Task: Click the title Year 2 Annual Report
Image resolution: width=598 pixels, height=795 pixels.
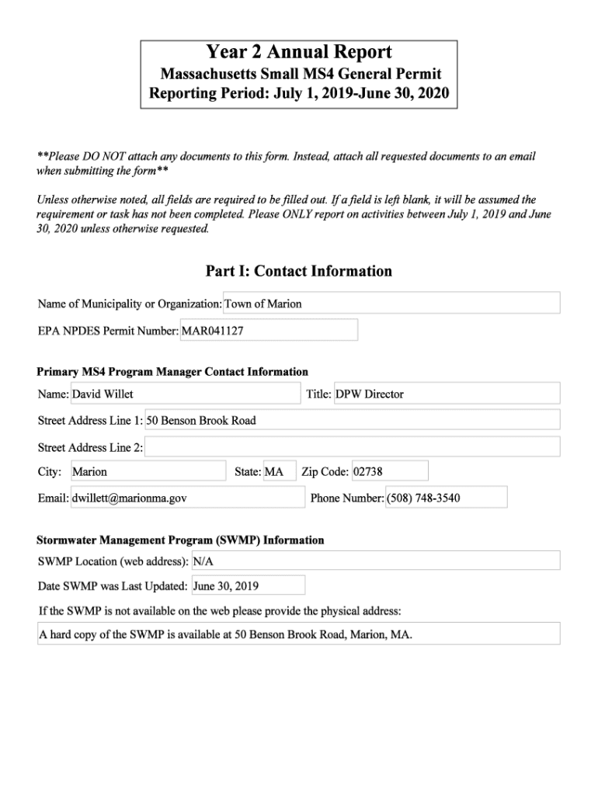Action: pyautogui.click(x=299, y=53)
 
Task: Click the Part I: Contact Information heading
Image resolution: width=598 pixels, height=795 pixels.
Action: pyautogui.click(x=299, y=271)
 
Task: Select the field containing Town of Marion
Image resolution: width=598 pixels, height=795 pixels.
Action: pyautogui.click(x=391, y=304)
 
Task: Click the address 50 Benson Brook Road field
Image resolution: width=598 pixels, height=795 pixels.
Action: pyautogui.click(x=352, y=420)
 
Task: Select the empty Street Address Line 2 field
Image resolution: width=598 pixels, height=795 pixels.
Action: pyautogui.click(x=352, y=447)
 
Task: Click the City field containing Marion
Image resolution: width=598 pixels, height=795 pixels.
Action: pyautogui.click(x=148, y=471)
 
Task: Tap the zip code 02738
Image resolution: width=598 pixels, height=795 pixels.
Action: pyautogui.click(x=389, y=471)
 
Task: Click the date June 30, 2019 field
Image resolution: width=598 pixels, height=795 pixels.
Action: pyautogui.click(x=248, y=585)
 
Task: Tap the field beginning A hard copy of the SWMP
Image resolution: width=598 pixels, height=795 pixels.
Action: pyautogui.click(x=299, y=634)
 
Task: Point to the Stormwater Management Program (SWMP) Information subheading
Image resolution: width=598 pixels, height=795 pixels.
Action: pyautogui.click(x=180, y=540)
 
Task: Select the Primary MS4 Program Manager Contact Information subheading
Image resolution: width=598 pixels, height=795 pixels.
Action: pyautogui.click(x=172, y=372)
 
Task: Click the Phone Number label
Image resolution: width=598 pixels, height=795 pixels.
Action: pyautogui.click(x=346, y=498)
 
